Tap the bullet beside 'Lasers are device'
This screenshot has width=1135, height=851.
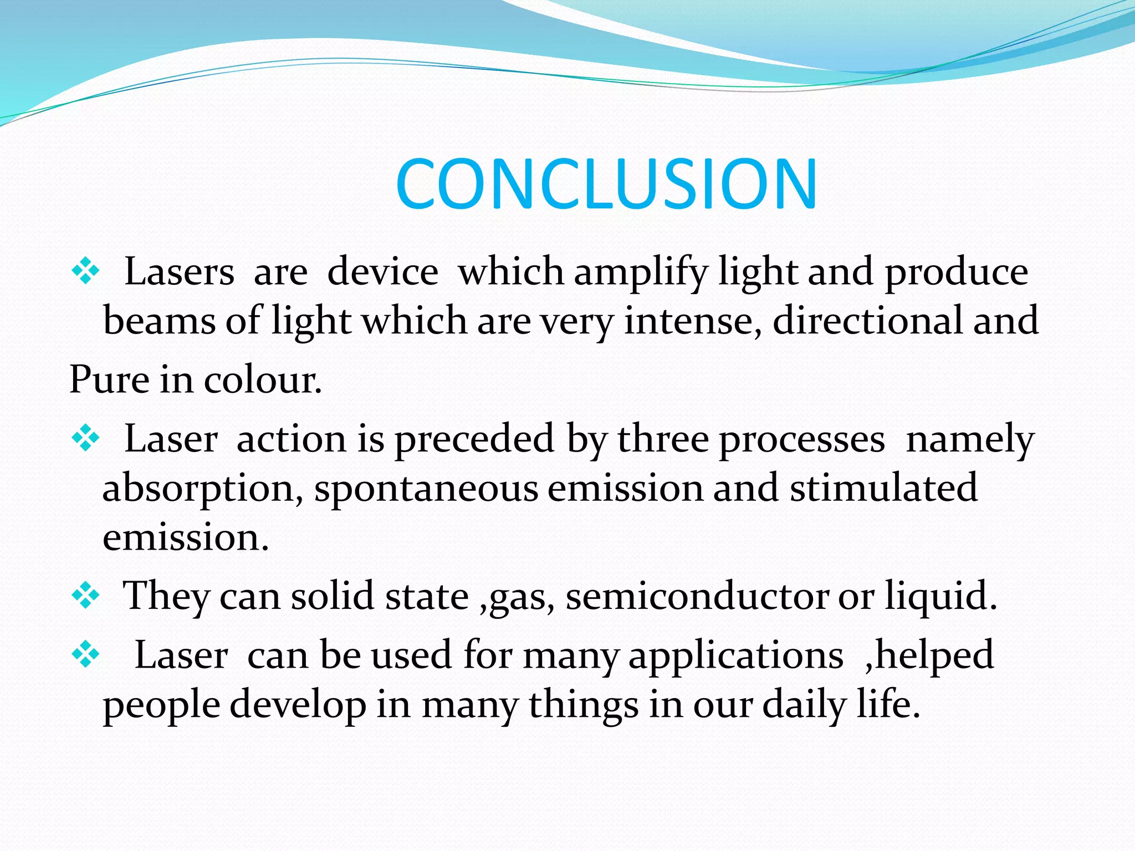[85, 271]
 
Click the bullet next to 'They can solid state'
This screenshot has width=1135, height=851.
[85, 596]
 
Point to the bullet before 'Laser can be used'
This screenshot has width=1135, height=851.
[85, 655]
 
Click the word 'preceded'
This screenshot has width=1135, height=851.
[474, 439]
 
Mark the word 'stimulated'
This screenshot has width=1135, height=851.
[883, 488]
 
